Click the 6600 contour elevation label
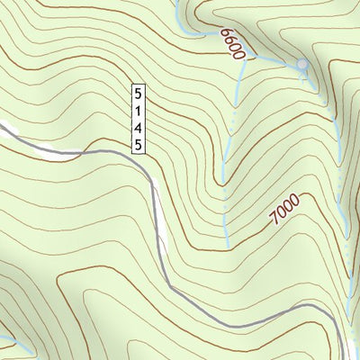coord(232,43)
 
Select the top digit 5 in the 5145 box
coord(139,93)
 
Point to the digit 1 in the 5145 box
coord(139,110)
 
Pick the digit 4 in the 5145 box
coord(139,127)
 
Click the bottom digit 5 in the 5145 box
coord(139,144)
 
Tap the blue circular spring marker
coord(302,65)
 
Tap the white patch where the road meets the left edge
coord(7,129)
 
